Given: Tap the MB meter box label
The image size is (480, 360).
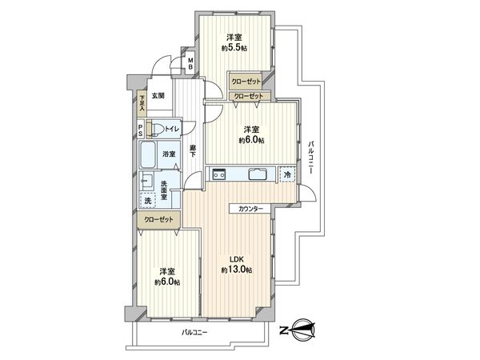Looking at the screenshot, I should click(x=190, y=62).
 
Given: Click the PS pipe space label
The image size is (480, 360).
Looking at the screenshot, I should click(x=141, y=129).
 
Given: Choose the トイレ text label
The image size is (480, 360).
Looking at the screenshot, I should click(x=174, y=128).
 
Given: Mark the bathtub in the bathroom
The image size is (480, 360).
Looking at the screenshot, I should click(x=149, y=153).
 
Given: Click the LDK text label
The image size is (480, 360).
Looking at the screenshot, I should click(x=237, y=258).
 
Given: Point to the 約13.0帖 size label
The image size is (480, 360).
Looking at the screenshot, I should click(x=237, y=270).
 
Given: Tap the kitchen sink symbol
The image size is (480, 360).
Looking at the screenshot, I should click(x=258, y=175).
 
